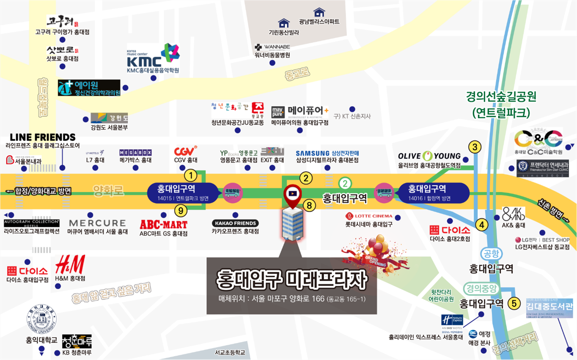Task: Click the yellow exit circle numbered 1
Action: click(x=191, y=174)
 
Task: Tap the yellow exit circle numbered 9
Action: click(x=181, y=209)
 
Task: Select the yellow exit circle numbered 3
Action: click(x=475, y=147)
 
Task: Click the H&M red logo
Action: click(x=70, y=264)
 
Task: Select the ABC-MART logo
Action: click(x=163, y=224)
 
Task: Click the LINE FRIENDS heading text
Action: click(x=42, y=137)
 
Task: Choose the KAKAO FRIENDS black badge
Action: click(x=235, y=223)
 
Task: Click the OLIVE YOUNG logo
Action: click(x=429, y=156)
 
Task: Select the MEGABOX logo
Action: click(x=135, y=152)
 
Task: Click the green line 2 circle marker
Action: click(x=345, y=183)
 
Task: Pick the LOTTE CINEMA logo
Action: click(x=369, y=216)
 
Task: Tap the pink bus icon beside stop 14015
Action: click(x=233, y=193)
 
